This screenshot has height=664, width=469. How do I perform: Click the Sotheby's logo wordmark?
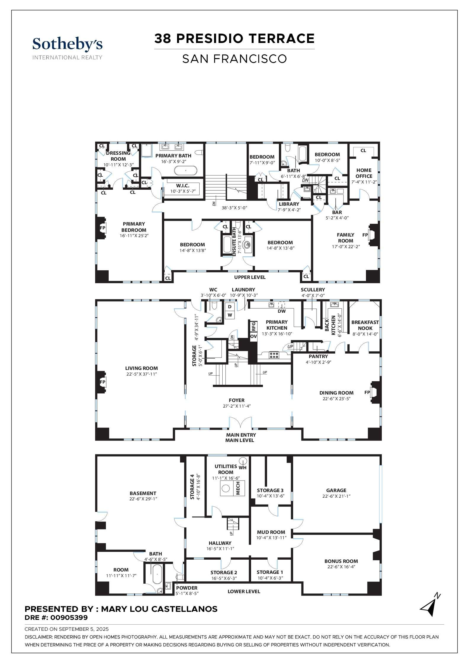point(68,44)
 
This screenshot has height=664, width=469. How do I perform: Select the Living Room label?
point(141,368)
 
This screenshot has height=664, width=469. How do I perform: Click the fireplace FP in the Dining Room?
point(367,392)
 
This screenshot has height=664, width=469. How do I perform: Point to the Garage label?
point(336,490)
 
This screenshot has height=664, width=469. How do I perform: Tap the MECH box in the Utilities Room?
point(238,488)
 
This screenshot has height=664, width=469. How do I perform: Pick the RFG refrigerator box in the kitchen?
point(253,327)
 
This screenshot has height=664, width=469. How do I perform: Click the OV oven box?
point(253,337)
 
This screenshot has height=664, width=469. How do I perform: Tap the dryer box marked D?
point(230,307)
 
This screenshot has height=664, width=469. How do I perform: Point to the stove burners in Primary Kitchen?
point(274,355)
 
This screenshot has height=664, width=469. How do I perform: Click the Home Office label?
point(364,173)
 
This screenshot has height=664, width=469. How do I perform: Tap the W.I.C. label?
point(183,186)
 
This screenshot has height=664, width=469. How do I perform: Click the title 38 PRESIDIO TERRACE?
point(234,39)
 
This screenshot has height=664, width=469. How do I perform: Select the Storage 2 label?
point(224,572)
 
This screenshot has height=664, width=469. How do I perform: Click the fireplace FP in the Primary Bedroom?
point(102,228)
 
